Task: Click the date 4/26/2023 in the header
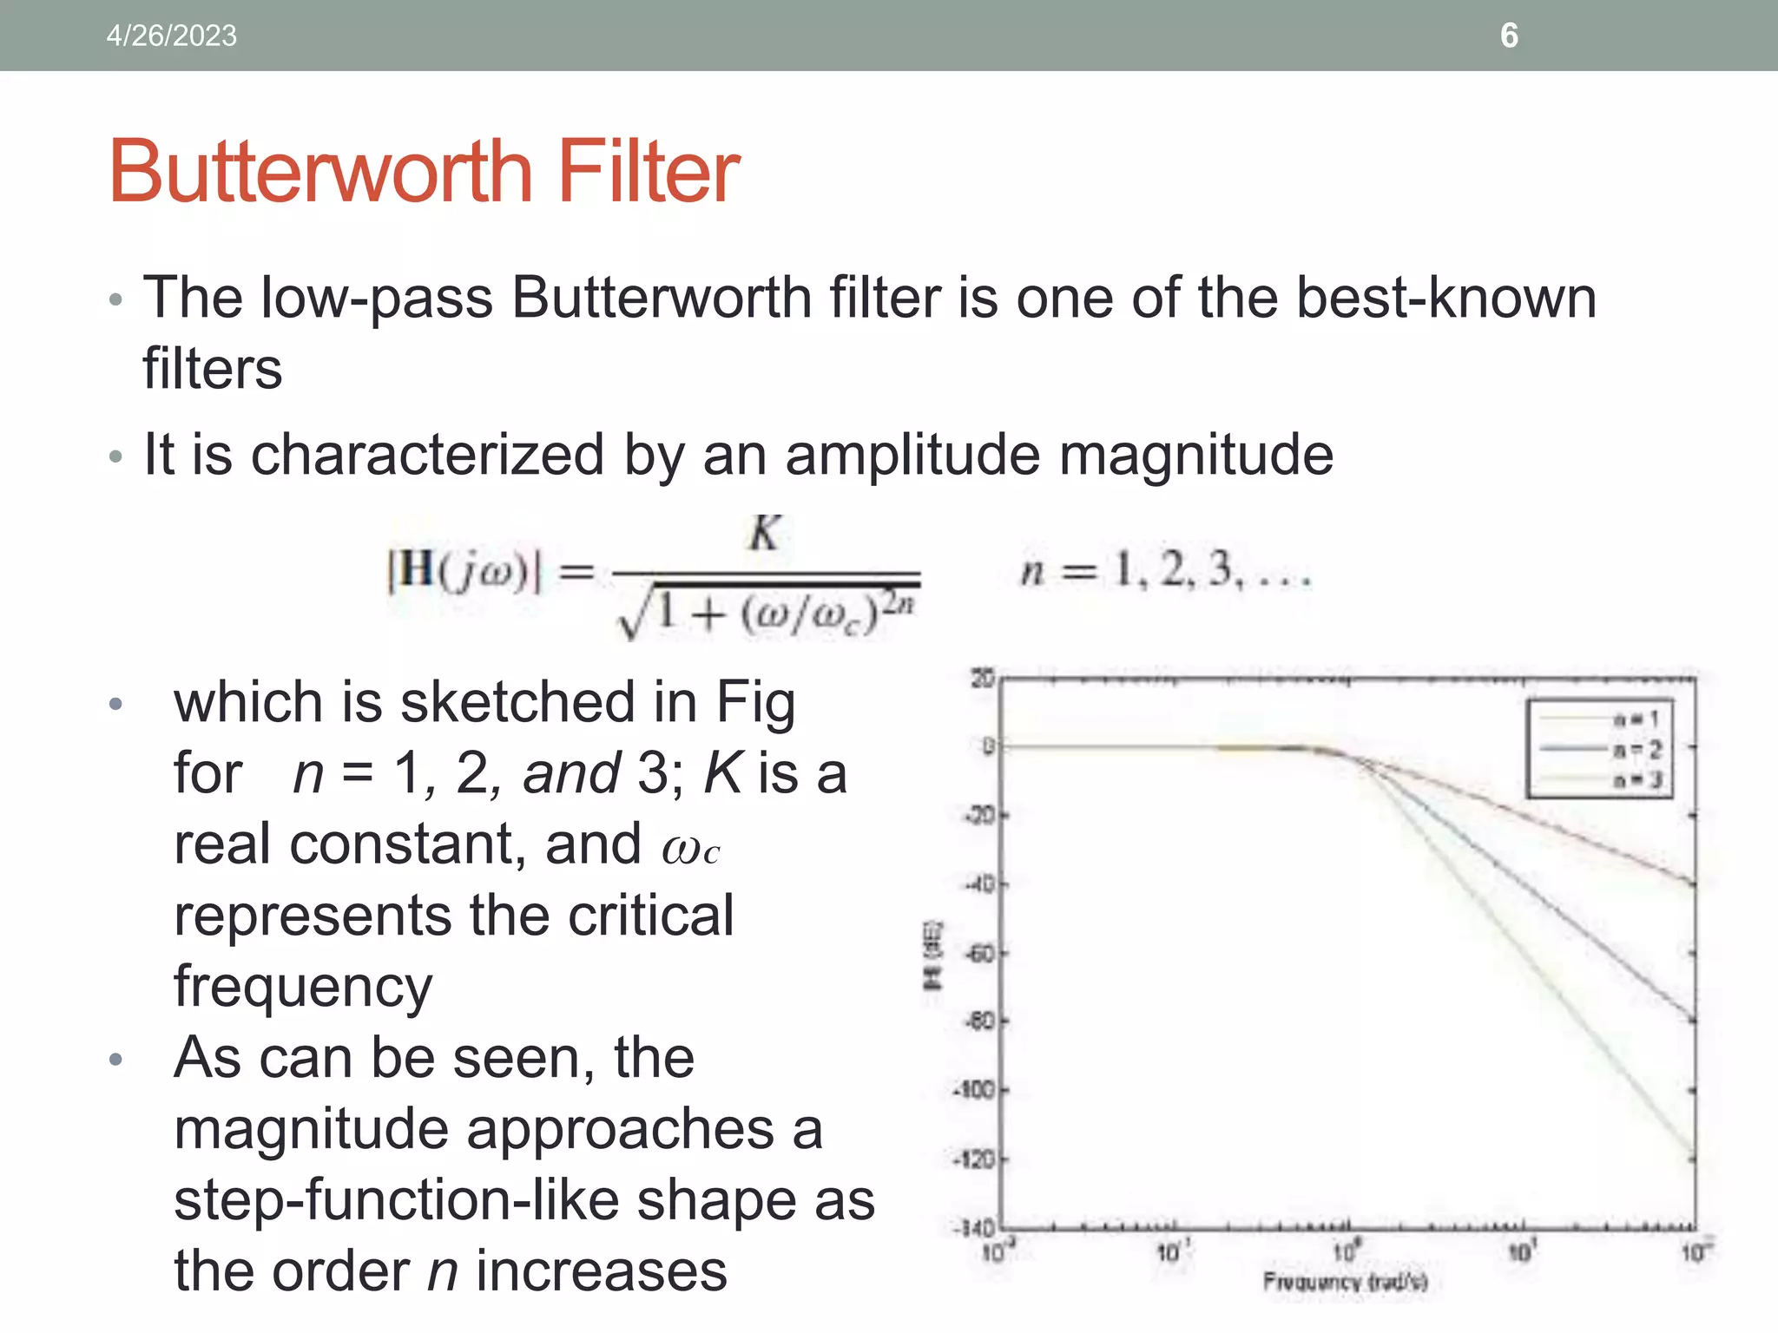pos(171,36)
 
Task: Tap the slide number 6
pos(1509,36)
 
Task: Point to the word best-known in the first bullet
pos(1445,298)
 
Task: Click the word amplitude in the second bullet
pos(912,455)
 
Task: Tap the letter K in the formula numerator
pos(764,533)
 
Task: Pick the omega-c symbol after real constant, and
pos(690,848)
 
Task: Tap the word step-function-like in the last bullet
pos(396,1200)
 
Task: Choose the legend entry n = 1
pos(1636,719)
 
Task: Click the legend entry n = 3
pos(1636,779)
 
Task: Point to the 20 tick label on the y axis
pos(982,678)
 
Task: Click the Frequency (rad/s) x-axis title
pos(1345,1281)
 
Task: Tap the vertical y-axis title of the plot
pos(931,955)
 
